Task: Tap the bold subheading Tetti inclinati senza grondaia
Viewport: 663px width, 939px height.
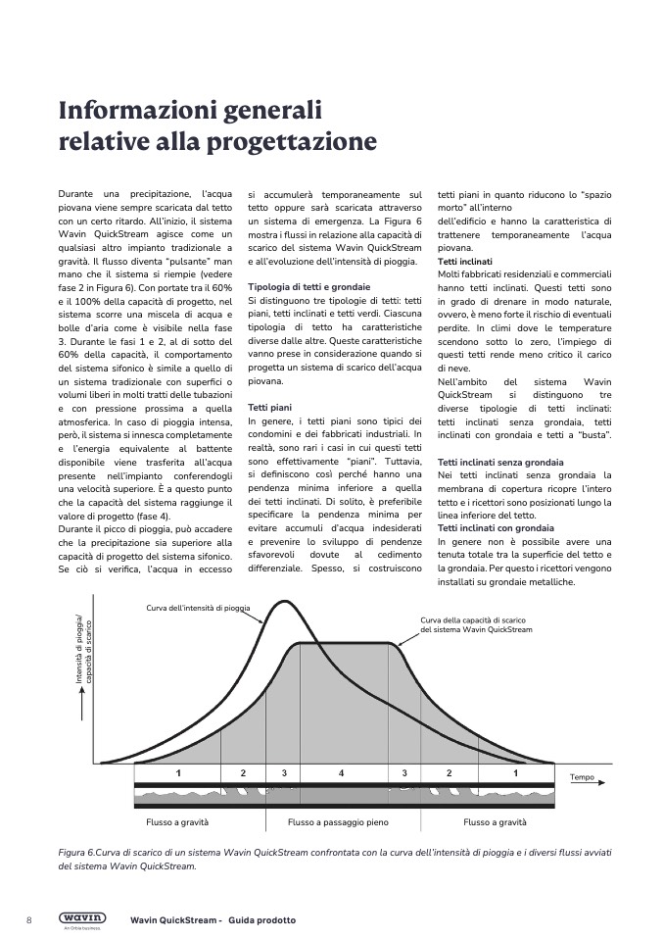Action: coord(499,461)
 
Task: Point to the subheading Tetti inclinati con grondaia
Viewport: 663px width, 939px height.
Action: coord(496,528)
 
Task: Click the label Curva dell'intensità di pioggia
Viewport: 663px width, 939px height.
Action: coord(197,608)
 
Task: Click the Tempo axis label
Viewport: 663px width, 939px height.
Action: coord(582,777)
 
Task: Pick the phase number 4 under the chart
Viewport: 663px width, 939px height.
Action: coord(341,773)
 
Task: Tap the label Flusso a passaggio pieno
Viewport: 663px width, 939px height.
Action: coord(341,822)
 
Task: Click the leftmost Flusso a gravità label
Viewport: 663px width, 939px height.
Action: coord(177,822)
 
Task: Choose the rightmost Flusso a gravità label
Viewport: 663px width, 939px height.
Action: coord(495,822)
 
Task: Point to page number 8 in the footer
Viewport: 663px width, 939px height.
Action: coord(28,919)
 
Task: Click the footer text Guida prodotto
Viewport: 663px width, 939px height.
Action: coord(262,920)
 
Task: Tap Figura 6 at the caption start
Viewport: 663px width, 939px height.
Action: coord(80,853)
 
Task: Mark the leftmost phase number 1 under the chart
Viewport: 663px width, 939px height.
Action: coord(178,773)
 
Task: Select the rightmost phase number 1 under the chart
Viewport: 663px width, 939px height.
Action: coord(515,773)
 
